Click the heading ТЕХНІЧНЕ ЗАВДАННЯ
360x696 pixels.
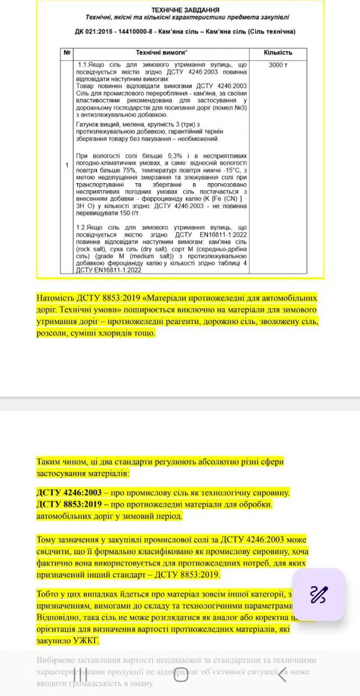coord(185,10)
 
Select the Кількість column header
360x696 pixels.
coord(278,53)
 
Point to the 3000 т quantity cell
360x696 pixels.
coord(278,64)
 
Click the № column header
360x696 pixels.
coord(67,53)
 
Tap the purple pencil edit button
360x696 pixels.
coord(318,594)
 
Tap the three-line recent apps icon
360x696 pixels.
coord(80,675)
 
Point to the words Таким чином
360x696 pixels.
coord(62,462)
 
